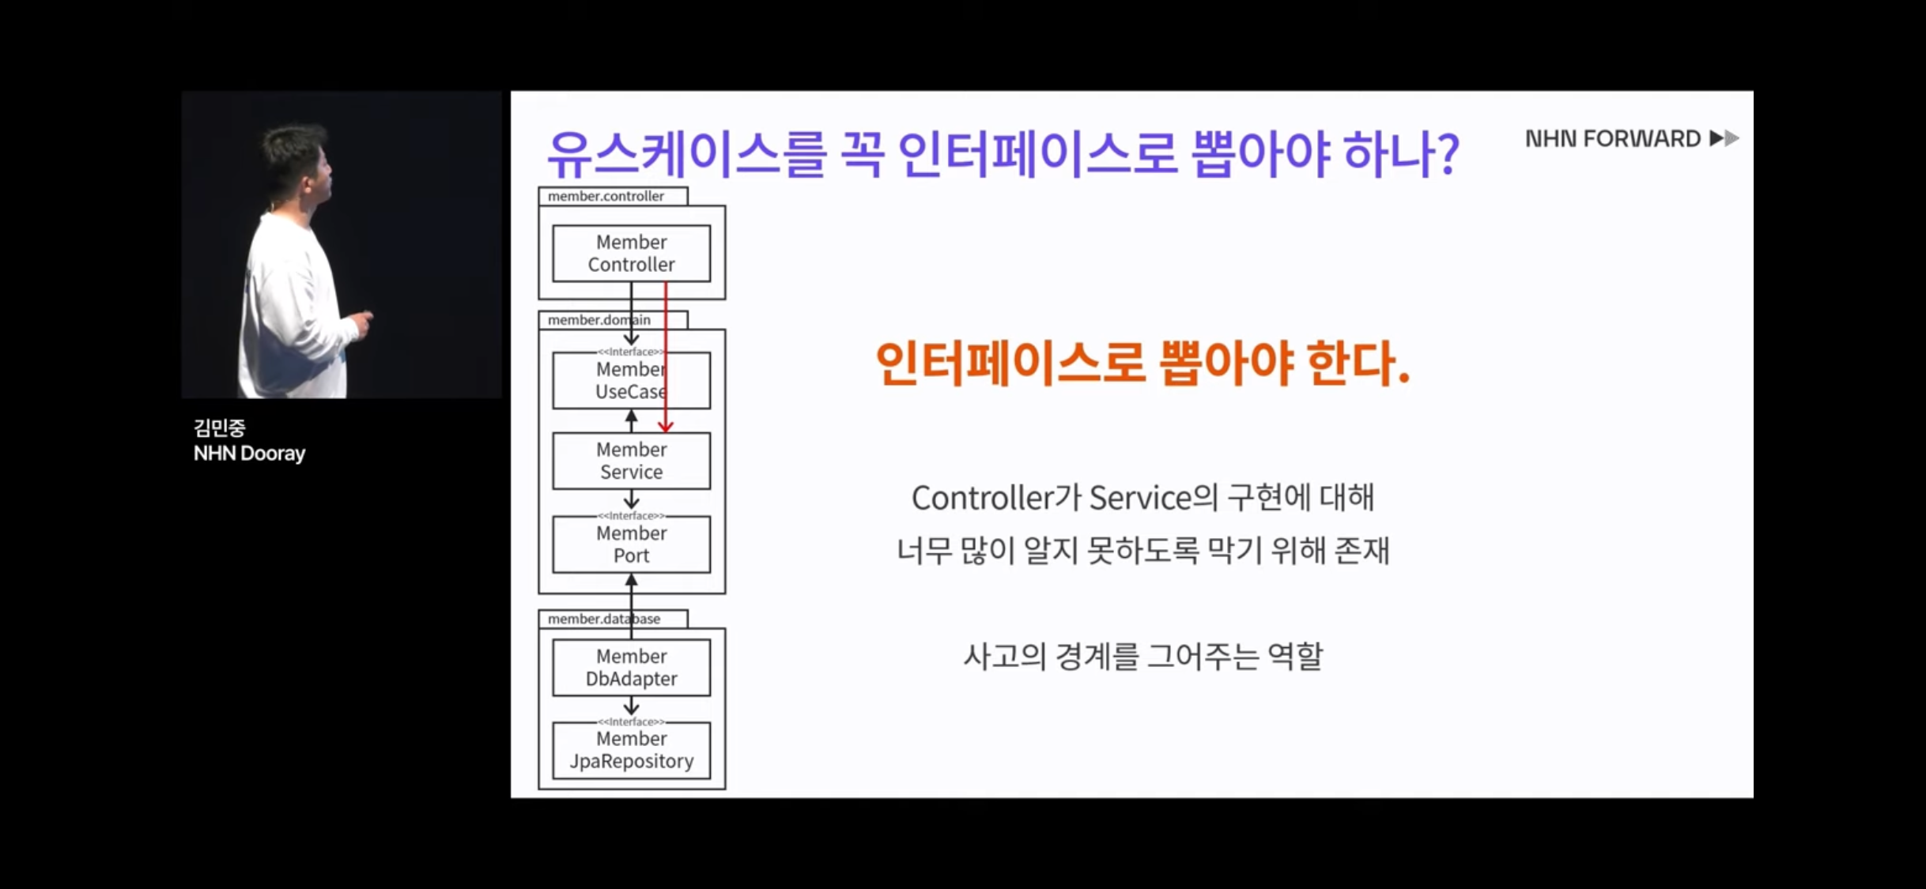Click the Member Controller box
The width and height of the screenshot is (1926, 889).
coord(631,253)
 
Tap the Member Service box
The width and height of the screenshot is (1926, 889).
coord(631,461)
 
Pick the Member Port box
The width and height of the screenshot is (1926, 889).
coord(631,544)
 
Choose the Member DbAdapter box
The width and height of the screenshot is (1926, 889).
coord(631,668)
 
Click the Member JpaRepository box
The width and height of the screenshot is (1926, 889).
coord(631,750)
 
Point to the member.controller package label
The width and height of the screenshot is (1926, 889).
coord(606,196)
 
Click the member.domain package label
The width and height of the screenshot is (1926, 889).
coord(599,320)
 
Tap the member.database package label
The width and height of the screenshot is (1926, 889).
coord(603,619)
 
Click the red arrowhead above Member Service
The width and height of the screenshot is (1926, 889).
coord(666,426)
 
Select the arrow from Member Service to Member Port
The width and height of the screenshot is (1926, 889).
coord(631,500)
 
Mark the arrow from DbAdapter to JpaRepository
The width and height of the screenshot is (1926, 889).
coord(631,706)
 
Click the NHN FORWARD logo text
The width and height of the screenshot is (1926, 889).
coord(1612,139)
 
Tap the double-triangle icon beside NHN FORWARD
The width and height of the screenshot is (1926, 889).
coord(1724,139)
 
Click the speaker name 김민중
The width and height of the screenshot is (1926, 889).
coord(219,428)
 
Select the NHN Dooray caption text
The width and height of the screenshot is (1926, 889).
coord(249,454)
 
